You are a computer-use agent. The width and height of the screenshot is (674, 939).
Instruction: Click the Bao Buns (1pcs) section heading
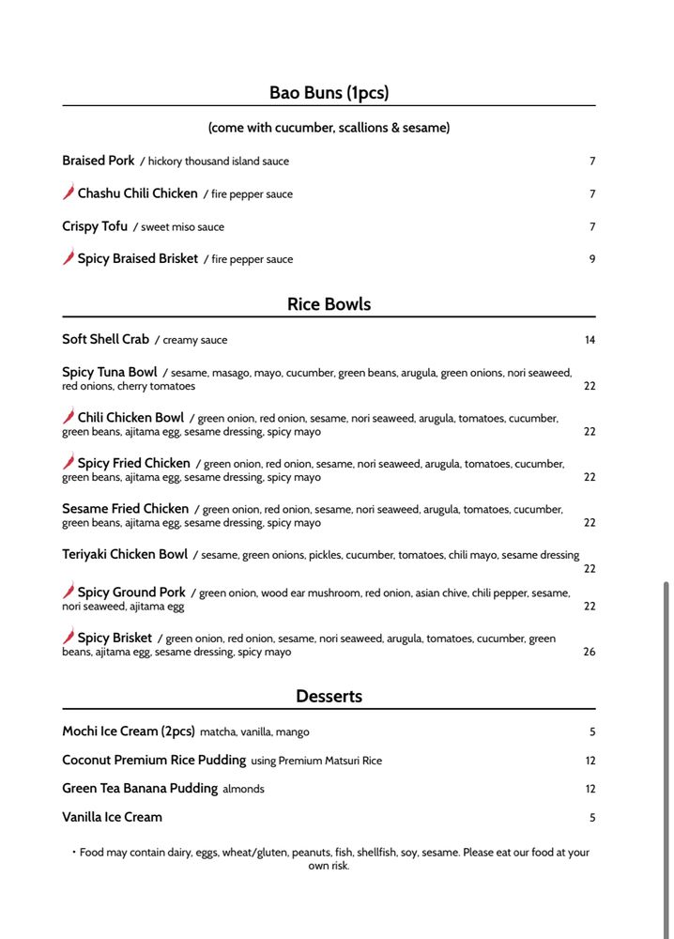coord(329,92)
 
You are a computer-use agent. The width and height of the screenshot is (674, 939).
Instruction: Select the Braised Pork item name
coord(99,161)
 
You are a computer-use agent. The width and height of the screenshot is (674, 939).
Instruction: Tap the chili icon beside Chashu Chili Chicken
coord(69,192)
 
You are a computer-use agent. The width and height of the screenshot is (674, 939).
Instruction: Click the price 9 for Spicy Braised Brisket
coord(591,259)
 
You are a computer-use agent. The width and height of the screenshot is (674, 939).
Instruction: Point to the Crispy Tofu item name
coord(95,226)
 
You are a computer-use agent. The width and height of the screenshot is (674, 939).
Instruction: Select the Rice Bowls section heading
coord(329,304)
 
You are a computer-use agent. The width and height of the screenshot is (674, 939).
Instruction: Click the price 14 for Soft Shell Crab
coord(590,340)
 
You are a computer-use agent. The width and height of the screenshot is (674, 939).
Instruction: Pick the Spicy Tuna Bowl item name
coord(110,373)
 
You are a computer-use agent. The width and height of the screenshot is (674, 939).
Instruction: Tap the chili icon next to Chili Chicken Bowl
coord(69,417)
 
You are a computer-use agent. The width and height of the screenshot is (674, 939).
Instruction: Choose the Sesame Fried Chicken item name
coord(126,509)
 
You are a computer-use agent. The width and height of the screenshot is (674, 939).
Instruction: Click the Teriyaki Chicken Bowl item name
coord(125,554)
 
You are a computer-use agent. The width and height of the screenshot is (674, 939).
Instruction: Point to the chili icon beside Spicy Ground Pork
coord(69,592)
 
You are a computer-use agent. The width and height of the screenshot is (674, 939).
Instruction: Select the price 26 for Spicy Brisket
coord(590,652)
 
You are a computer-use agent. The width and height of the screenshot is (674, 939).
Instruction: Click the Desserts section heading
coord(329,696)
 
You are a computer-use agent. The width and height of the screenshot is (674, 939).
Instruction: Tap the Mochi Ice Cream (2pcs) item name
coord(129,731)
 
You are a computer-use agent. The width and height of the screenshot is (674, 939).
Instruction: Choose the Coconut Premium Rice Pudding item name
coord(154,760)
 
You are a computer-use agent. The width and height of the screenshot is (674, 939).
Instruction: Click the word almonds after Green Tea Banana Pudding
coord(243,789)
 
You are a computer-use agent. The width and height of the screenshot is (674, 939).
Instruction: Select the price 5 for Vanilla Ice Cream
coord(592,818)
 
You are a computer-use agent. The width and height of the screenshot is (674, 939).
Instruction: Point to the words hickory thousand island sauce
coord(219,162)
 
